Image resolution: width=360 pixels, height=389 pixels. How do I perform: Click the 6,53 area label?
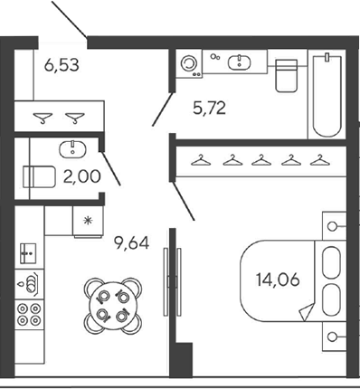point(62,65)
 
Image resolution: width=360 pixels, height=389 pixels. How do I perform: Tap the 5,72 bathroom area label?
point(209,108)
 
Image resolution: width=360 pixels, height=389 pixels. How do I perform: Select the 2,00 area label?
point(81,176)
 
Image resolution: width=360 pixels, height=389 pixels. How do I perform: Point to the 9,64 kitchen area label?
point(131,242)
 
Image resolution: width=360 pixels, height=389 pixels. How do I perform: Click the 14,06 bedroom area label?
point(278,280)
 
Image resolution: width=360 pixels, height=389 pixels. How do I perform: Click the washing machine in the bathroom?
point(189,63)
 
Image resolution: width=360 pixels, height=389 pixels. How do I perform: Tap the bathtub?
point(327,94)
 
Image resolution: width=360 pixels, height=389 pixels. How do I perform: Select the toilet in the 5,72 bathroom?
point(287,75)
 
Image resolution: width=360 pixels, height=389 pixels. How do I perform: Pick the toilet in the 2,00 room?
point(39,176)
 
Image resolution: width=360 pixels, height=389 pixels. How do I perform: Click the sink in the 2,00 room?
point(72,149)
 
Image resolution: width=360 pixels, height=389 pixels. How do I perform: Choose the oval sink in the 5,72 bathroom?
point(239,63)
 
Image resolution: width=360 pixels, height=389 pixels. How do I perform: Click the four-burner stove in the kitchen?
point(29,314)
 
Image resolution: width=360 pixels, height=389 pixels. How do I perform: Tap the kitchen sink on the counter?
point(28,253)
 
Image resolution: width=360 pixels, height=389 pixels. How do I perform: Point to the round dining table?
point(113,306)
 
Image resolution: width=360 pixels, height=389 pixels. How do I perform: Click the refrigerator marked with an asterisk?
point(88,221)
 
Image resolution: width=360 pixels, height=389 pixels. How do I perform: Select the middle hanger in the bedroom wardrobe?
point(261,160)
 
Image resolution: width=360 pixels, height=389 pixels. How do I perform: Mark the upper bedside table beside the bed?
point(334,226)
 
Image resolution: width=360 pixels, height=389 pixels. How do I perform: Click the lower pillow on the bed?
point(331,299)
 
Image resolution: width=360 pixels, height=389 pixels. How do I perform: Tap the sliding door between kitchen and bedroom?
point(173,281)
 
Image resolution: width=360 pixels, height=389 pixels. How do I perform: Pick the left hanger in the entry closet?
point(43,118)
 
